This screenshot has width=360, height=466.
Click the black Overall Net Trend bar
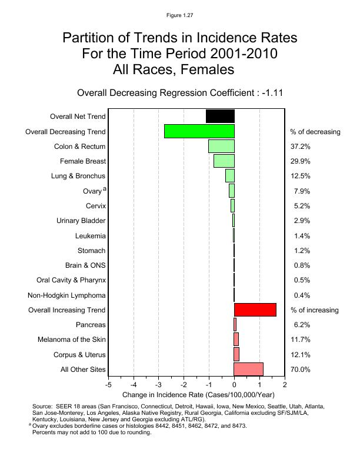220,116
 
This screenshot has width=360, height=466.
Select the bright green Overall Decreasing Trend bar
199,131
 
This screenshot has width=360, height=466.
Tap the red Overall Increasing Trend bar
255,309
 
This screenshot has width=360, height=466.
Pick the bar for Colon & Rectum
221,146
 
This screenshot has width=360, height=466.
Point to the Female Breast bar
224,161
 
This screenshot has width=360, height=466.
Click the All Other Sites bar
248,369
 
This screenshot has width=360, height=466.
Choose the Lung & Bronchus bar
229,175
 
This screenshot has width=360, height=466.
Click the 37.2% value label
301,146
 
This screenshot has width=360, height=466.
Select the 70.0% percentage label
301,370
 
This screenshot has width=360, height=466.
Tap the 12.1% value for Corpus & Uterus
301,355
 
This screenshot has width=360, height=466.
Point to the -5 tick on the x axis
108,385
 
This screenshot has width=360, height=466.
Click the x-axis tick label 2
285,385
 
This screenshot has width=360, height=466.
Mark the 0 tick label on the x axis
234,385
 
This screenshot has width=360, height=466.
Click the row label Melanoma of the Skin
72,339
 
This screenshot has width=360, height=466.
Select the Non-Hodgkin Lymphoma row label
67,295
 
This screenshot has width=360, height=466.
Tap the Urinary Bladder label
81,221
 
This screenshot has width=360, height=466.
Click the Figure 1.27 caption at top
179,15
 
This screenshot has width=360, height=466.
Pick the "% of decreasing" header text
315,131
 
